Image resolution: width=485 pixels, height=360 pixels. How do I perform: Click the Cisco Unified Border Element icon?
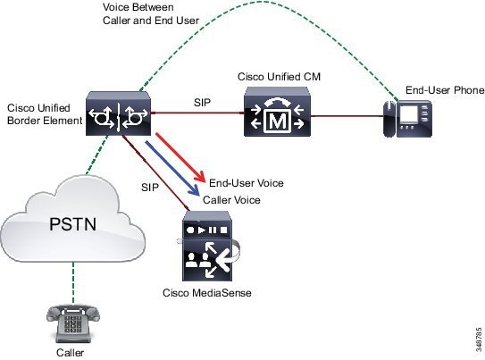tap(118, 113)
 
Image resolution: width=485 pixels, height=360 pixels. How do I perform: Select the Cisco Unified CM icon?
tap(277, 112)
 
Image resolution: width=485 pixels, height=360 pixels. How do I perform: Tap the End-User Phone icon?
tap(407, 119)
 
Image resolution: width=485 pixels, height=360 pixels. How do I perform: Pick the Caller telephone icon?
tap(73, 323)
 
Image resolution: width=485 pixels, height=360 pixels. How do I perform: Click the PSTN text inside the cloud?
tap(73, 224)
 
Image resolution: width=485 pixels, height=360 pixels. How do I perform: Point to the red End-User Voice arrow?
tap(180, 158)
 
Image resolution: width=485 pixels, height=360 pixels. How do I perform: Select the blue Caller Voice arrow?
tap(172, 168)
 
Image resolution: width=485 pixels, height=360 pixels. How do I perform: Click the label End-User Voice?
tap(247, 183)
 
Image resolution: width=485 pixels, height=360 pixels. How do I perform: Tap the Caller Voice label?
tap(231, 200)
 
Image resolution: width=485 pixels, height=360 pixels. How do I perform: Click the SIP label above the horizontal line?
tap(202, 103)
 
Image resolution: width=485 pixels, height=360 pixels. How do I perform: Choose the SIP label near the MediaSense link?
tap(150, 187)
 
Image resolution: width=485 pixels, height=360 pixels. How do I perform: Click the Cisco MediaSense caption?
tap(207, 293)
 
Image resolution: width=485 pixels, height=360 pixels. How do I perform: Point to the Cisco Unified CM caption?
tap(279, 77)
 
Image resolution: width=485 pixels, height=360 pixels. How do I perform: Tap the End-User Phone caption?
tap(445, 90)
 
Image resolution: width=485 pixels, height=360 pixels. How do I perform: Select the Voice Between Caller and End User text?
tap(151, 13)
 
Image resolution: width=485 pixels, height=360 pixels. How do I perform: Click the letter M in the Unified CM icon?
tap(278, 121)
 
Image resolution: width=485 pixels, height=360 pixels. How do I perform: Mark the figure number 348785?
tap(479, 339)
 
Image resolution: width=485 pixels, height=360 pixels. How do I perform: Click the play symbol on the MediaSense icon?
tap(201, 230)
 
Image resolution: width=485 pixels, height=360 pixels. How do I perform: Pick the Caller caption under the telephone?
tap(70, 353)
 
